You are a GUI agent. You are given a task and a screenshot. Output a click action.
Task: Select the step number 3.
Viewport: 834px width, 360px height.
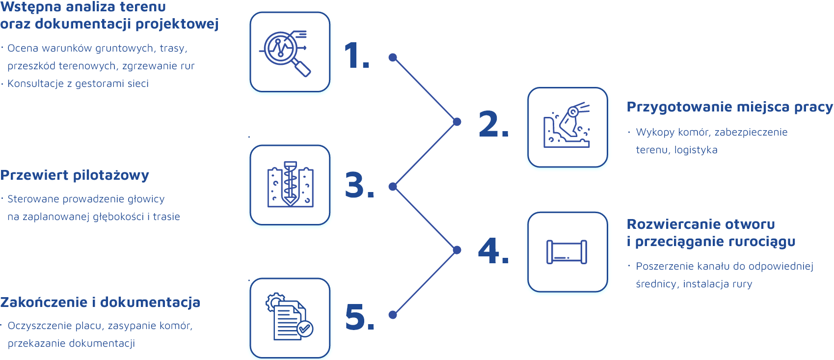coord(359,186)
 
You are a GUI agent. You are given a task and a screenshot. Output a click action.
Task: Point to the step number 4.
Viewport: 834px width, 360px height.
coord(492,251)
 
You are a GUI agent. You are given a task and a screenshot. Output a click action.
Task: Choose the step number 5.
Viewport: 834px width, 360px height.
coord(359,317)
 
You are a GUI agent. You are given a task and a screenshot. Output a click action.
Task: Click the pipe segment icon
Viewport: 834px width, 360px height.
coord(567,252)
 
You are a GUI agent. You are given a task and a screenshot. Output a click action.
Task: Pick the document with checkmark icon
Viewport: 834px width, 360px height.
coord(290,317)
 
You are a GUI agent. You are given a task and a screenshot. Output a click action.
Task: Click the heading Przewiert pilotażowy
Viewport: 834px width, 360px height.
coord(75,175)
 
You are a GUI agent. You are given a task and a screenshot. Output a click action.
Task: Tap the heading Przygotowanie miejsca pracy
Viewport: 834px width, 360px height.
coord(729,107)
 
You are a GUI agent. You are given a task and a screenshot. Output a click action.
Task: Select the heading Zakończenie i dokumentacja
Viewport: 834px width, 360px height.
coord(100,303)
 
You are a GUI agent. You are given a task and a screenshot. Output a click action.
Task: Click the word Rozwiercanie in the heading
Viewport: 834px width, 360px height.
coord(667,224)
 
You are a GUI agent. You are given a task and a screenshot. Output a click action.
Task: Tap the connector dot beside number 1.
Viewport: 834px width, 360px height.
coord(393,57)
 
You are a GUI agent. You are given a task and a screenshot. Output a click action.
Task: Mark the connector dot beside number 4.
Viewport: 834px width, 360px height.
coord(457,250)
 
